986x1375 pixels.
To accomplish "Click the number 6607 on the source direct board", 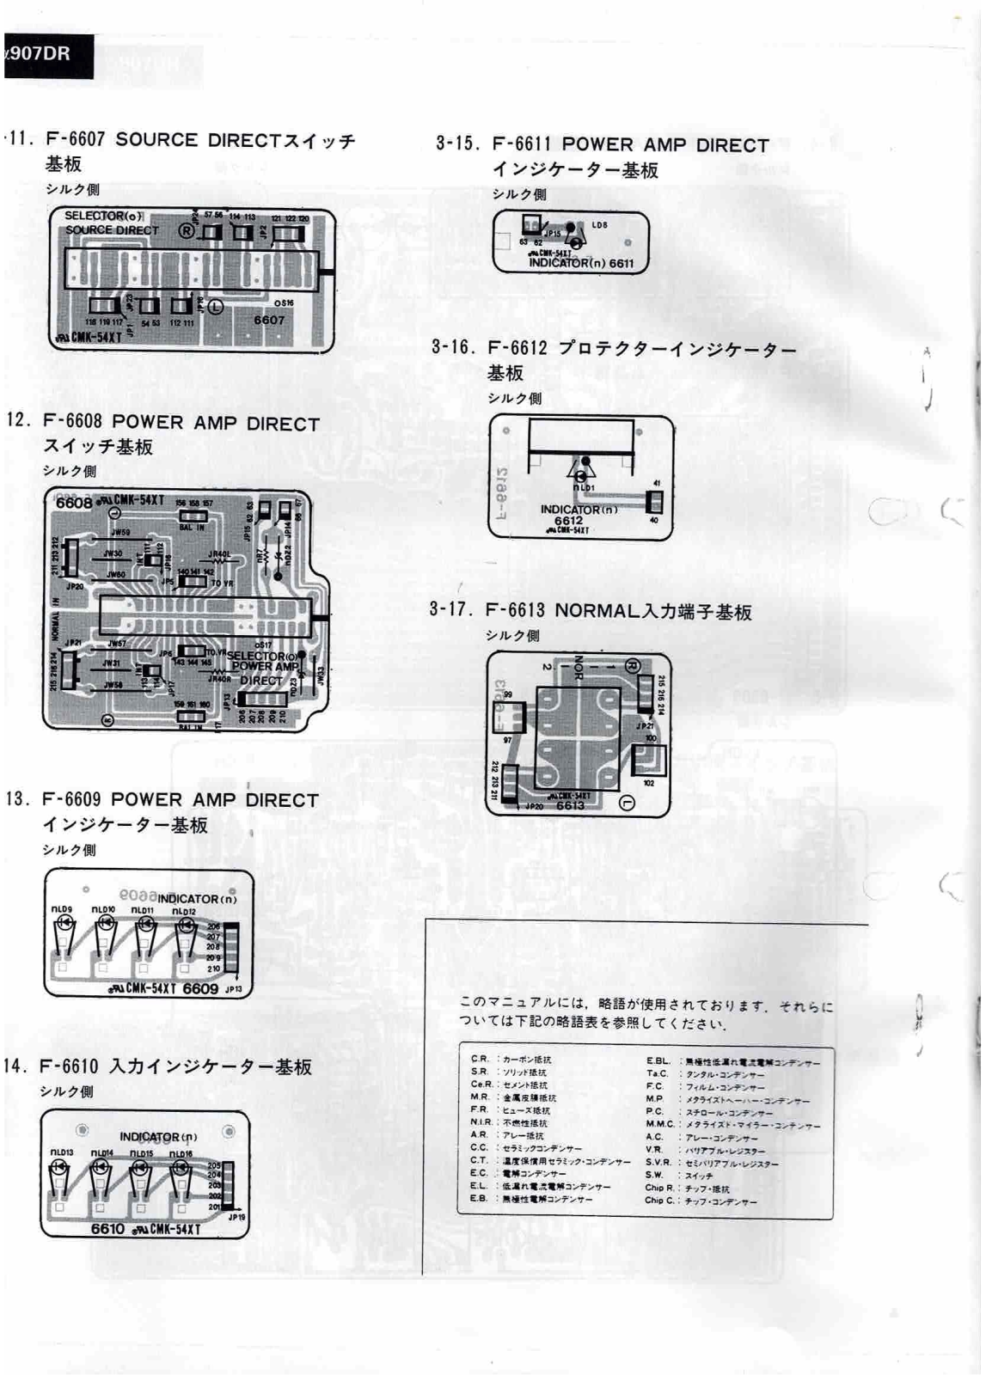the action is click(x=269, y=320).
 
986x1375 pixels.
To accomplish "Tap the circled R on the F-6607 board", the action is click(x=186, y=230).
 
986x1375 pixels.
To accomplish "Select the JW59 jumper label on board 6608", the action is click(x=120, y=533).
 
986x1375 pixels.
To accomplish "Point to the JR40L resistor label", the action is click(x=220, y=554).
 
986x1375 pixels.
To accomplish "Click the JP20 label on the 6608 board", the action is click(x=75, y=586).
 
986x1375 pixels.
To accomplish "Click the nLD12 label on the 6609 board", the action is click(x=183, y=912).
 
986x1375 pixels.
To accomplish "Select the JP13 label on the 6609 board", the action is click(x=233, y=989).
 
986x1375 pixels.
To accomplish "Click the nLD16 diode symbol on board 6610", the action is click(x=181, y=1167).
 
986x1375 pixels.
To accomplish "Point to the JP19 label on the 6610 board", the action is click(x=236, y=1217).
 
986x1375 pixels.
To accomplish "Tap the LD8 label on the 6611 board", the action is click(x=599, y=225).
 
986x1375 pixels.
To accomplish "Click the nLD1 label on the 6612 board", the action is click(x=584, y=488).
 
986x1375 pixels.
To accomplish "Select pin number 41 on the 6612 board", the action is click(x=657, y=484).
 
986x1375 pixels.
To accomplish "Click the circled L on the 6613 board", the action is click(x=627, y=803).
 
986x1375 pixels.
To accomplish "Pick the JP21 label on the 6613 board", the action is click(x=644, y=726).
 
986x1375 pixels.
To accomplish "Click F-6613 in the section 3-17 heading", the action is click(x=515, y=611).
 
